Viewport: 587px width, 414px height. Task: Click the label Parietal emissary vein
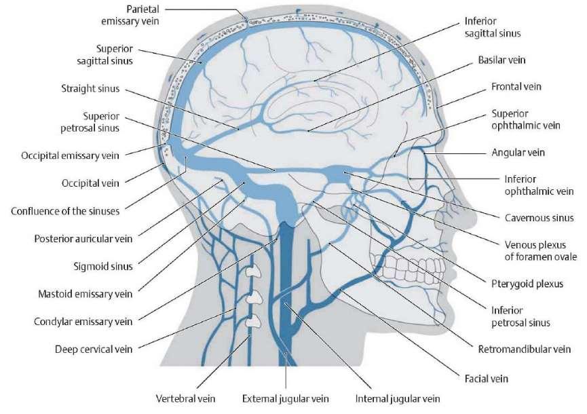pyautogui.click(x=130, y=15)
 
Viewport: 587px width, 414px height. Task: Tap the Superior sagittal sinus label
pyautogui.click(x=105, y=55)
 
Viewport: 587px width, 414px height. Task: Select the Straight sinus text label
pyautogui.click(x=90, y=89)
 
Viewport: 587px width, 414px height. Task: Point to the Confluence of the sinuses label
pyautogui.click(x=65, y=211)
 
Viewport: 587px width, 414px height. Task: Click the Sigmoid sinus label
pyautogui.click(x=103, y=267)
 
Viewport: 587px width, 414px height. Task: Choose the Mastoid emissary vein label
pyautogui.click(x=86, y=295)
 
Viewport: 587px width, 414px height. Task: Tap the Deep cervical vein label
pyautogui.click(x=94, y=350)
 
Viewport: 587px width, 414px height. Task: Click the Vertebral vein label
pyautogui.click(x=186, y=398)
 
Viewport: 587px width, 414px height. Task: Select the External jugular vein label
pyautogui.click(x=285, y=398)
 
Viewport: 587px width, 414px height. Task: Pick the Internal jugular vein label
pyautogui.click(x=398, y=398)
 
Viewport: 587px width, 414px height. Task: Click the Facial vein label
pyautogui.click(x=487, y=379)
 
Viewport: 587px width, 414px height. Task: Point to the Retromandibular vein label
pyautogui.click(x=525, y=350)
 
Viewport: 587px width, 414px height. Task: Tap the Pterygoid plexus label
pyautogui.click(x=527, y=284)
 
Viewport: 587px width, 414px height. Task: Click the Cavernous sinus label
pyautogui.click(x=539, y=218)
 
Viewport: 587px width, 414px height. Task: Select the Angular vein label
pyautogui.click(x=518, y=152)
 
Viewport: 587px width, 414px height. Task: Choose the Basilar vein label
pyautogui.click(x=501, y=60)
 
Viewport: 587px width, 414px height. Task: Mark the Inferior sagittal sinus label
pyautogui.click(x=493, y=27)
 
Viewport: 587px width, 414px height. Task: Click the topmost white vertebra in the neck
pyautogui.click(x=253, y=271)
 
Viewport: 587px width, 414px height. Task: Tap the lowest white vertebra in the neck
pyautogui.click(x=253, y=321)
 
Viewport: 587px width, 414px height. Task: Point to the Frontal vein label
pyautogui.click(x=516, y=87)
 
